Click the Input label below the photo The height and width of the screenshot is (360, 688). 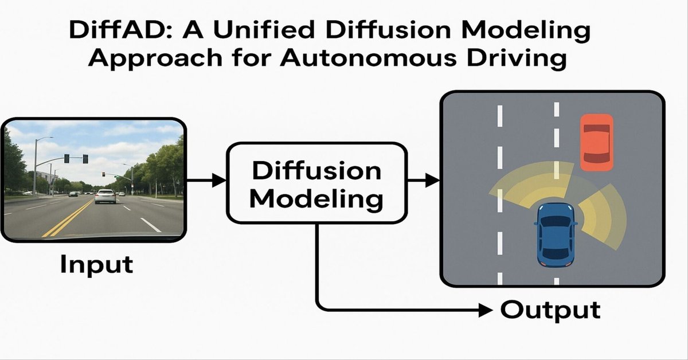pos(96,264)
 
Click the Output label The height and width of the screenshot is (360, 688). pos(550,310)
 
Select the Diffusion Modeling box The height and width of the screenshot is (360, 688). pos(316,183)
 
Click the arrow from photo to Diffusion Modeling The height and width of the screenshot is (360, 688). pos(206,181)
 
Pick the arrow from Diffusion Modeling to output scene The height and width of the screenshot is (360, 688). pos(423,181)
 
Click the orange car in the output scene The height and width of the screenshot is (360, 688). pos(597,142)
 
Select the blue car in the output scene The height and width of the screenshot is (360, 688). pos(556,234)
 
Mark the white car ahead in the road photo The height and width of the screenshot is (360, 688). pos(105,196)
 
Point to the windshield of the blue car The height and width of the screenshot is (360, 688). pos(556,220)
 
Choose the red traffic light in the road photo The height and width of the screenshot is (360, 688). pos(104,174)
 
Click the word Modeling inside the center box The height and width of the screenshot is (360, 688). pos(316,198)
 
